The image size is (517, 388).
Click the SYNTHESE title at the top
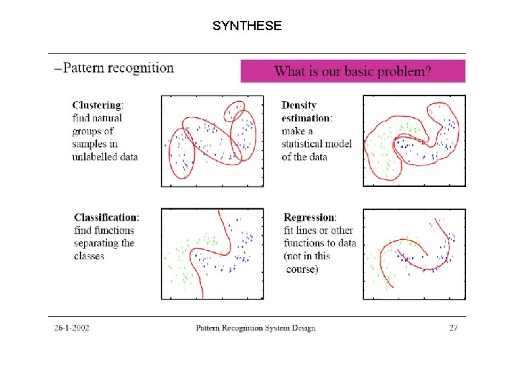tap(247, 27)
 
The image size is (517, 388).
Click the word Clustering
tap(97, 105)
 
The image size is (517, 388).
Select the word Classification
tap(106, 217)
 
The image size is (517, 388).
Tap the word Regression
tap(309, 217)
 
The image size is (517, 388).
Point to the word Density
tap(299, 105)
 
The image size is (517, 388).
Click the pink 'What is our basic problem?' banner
tap(353, 71)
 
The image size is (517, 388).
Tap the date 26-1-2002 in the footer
tap(71, 328)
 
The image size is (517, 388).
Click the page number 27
tap(453, 328)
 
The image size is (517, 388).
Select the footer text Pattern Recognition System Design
tap(256, 328)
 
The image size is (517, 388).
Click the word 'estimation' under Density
tap(306, 118)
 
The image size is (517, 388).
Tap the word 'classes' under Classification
tap(89, 256)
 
